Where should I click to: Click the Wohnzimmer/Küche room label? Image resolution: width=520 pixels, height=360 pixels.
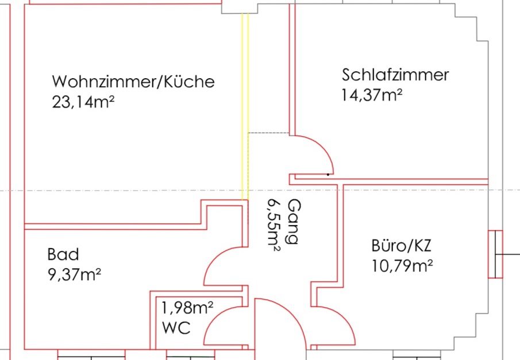click(x=133, y=81)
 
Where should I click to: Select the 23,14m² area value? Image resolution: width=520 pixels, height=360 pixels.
click(x=83, y=102)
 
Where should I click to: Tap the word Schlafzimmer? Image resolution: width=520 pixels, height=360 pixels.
click(x=395, y=75)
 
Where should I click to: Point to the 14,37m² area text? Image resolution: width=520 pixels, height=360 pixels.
click(x=372, y=95)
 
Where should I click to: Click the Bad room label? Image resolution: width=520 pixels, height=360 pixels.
click(x=63, y=254)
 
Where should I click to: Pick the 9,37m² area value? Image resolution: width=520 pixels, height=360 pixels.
click(x=74, y=274)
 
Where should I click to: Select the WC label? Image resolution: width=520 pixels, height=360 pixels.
click(x=176, y=327)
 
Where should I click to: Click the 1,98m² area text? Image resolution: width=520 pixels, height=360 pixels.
click(x=187, y=308)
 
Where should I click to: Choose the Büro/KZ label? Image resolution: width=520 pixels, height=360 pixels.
click(x=401, y=246)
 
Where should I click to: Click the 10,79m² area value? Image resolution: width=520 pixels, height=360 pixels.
click(x=402, y=266)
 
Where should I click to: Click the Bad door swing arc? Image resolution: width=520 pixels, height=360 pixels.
click(x=214, y=258)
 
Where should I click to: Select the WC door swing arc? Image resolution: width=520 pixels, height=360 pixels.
click(x=214, y=318)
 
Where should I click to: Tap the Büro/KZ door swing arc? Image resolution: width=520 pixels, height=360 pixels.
click(x=344, y=318)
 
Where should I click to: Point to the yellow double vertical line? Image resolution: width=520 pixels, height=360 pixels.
click(x=245, y=107)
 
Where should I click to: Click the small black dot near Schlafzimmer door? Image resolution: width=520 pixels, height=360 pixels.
click(x=328, y=175)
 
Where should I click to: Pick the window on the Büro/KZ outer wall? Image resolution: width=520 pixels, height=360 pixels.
click(x=495, y=254)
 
